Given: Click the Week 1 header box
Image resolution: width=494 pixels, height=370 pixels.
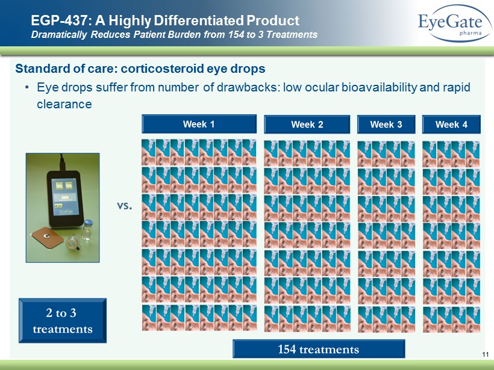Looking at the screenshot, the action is click(x=199, y=124).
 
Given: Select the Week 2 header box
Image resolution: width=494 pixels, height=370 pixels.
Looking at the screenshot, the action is click(x=307, y=125).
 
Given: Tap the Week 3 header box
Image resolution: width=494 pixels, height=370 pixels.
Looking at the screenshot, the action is click(x=386, y=125).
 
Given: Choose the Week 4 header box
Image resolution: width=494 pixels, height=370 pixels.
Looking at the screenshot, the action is click(x=451, y=125).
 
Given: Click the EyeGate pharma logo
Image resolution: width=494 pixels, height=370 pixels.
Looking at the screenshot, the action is click(x=454, y=23).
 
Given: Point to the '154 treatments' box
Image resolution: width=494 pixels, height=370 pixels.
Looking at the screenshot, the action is click(x=319, y=349).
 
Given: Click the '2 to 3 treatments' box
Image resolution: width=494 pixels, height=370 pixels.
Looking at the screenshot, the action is click(x=63, y=321).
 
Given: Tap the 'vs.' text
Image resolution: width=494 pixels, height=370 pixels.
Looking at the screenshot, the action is click(x=125, y=206).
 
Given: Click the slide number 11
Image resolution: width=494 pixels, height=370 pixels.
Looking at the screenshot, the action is click(x=486, y=354).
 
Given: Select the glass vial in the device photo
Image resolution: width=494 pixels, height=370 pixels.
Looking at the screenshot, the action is click(x=87, y=230).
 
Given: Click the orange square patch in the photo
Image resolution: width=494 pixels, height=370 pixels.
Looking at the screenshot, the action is click(x=48, y=238).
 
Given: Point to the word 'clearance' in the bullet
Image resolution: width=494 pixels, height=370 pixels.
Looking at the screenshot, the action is click(x=64, y=104).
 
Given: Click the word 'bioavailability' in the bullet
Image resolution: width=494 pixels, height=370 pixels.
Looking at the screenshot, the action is click(x=379, y=87).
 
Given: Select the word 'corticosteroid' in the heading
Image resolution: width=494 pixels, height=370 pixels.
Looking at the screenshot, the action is click(x=163, y=69).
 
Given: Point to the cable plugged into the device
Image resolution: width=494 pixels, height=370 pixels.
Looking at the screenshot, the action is click(x=63, y=162).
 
